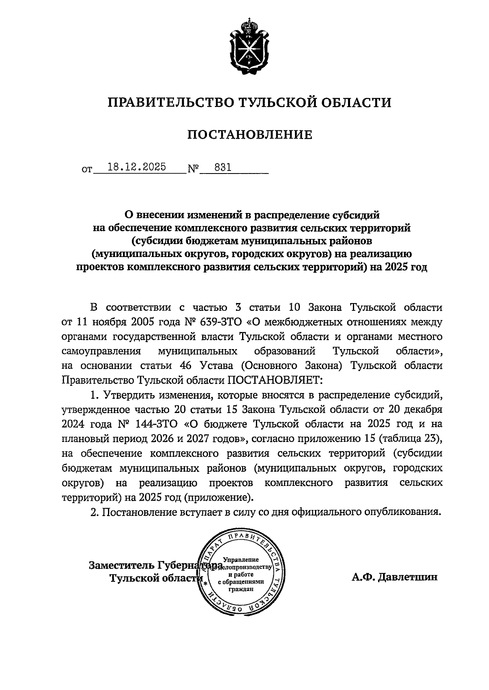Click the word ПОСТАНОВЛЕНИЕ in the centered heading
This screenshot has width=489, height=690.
click(x=249, y=134)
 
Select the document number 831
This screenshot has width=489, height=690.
click(x=222, y=167)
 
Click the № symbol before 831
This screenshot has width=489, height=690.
click(x=192, y=168)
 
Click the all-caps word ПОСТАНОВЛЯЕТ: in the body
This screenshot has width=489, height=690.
click(x=275, y=380)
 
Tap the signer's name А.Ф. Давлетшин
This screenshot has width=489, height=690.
click(x=394, y=577)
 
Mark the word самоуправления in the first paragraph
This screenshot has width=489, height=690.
click(x=101, y=351)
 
